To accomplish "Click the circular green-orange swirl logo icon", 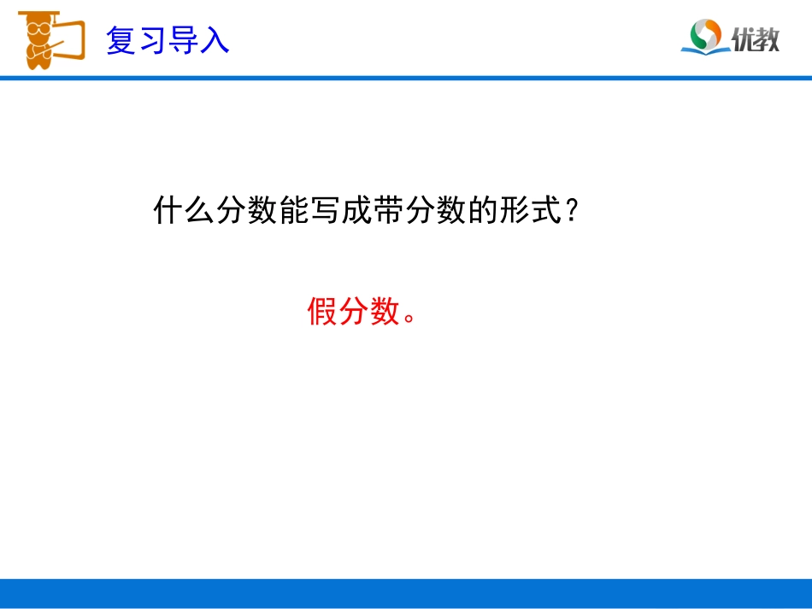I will point(707,34).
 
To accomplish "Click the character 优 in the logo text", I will point(742,38).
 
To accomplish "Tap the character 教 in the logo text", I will point(767,38).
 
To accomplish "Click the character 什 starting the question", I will point(168,210).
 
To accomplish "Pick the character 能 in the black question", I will point(293,210).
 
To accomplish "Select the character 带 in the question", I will point(387,210).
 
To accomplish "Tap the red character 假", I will point(323,313).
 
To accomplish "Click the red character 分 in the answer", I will point(354,313).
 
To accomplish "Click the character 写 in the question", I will point(325,210).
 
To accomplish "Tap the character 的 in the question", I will point(481,210).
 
